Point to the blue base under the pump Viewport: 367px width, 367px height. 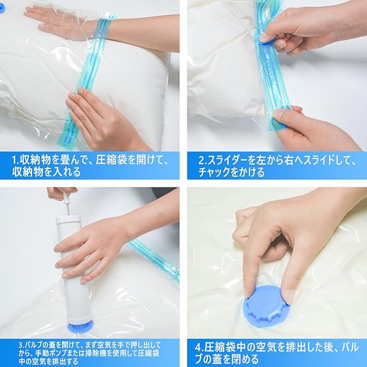tap(80, 327)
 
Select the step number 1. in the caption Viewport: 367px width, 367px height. tap(15, 161)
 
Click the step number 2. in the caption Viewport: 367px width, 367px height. tap(202, 161)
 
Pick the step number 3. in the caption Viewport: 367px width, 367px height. tap(22, 345)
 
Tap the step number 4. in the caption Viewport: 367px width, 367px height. tap(199, 348)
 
